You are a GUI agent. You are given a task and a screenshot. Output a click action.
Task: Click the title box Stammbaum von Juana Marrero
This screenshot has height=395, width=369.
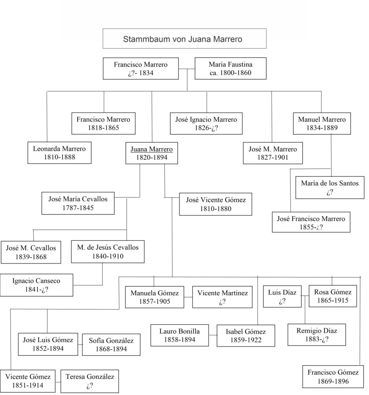(x=184, y=39)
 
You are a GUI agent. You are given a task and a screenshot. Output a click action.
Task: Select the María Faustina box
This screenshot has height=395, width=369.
(x=230, y=68)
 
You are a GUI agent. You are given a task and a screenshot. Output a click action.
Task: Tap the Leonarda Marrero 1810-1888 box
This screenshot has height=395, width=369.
(x=59, y=152)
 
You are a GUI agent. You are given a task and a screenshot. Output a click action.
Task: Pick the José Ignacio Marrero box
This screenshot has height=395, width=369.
(x=206, y=123)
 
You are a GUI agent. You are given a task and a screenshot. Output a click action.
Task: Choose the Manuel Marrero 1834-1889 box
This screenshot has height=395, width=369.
(x=322, y=123)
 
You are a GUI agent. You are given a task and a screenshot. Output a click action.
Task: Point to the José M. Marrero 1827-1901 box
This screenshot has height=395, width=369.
(x=273, y=153)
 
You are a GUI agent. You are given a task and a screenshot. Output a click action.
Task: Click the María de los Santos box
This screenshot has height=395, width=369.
(x=330, y=187)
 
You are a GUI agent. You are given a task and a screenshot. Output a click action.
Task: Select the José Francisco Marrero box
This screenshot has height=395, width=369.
(x=311, y=223)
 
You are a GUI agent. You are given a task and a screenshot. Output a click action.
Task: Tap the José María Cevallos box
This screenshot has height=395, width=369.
(x=78, y=203)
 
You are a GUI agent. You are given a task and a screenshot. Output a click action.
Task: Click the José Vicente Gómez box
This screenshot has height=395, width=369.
(x=215, y=204)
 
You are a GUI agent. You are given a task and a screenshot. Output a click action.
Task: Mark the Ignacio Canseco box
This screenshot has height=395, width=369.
(x=36, y=285)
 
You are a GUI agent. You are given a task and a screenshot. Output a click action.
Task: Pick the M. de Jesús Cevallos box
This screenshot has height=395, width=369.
(x=108, y=252)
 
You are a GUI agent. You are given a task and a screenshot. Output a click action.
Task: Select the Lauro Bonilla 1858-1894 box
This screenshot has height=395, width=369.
(x=179, y=335)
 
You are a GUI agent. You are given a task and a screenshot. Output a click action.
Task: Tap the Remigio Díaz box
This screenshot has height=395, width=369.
(x=317, y=335)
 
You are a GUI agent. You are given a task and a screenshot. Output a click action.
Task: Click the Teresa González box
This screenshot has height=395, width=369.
(x=90, y=381)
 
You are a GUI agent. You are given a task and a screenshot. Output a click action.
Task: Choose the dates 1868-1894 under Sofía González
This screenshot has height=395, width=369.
(x=111, y=349)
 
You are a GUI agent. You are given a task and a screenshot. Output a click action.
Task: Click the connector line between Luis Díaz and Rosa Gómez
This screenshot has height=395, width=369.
(x=305, y=296)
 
